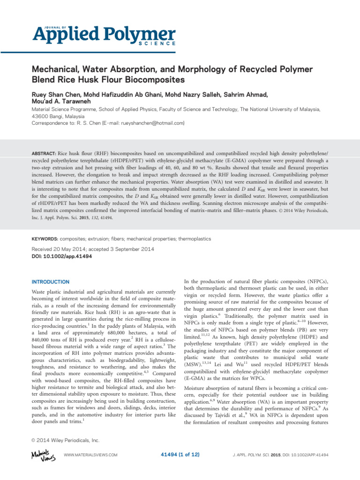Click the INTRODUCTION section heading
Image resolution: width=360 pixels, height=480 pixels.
pyautogui.click(x=51, y=282)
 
